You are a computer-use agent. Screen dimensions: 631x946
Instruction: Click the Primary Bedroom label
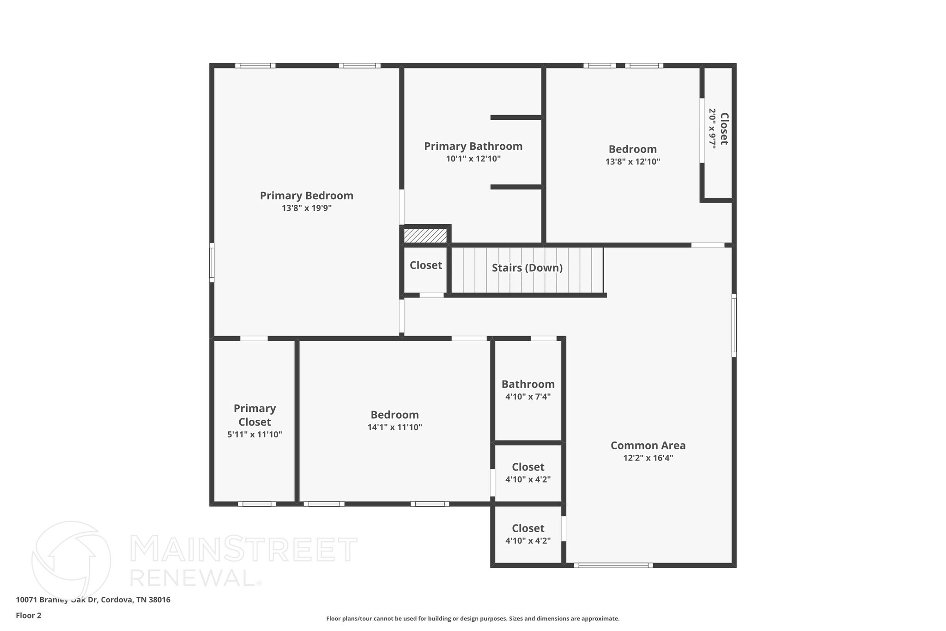306,196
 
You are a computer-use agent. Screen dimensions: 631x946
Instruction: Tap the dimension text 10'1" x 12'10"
473,159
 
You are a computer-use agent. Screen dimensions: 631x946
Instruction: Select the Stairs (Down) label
527,268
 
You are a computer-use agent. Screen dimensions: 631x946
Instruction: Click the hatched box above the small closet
425,236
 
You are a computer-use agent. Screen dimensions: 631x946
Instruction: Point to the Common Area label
648,446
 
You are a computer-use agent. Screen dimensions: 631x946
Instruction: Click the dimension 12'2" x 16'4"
648,458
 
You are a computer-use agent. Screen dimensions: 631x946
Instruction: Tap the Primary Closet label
255,415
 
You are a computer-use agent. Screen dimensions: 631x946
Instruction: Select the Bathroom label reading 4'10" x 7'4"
528,385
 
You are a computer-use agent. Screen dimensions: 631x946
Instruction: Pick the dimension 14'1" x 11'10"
394,428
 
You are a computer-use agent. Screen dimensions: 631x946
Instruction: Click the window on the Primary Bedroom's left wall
212,263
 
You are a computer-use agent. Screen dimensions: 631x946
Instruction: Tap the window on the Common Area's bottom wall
613,565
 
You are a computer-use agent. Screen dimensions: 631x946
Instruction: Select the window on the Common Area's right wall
734,325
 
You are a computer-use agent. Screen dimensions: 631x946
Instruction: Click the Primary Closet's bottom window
257,504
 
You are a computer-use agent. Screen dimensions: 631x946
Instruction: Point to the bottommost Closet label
528,528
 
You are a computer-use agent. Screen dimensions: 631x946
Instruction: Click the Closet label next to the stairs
425,265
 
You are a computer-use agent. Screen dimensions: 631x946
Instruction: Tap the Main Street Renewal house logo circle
71,561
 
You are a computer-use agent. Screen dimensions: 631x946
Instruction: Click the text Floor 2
29,616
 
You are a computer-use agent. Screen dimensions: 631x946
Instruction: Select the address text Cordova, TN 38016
135,600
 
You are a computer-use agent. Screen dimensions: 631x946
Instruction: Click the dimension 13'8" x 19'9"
306,208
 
